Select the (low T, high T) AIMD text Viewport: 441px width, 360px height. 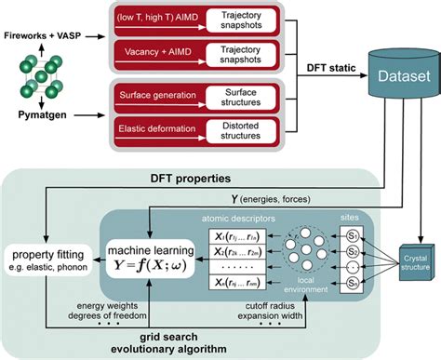[x=154, y=17]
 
